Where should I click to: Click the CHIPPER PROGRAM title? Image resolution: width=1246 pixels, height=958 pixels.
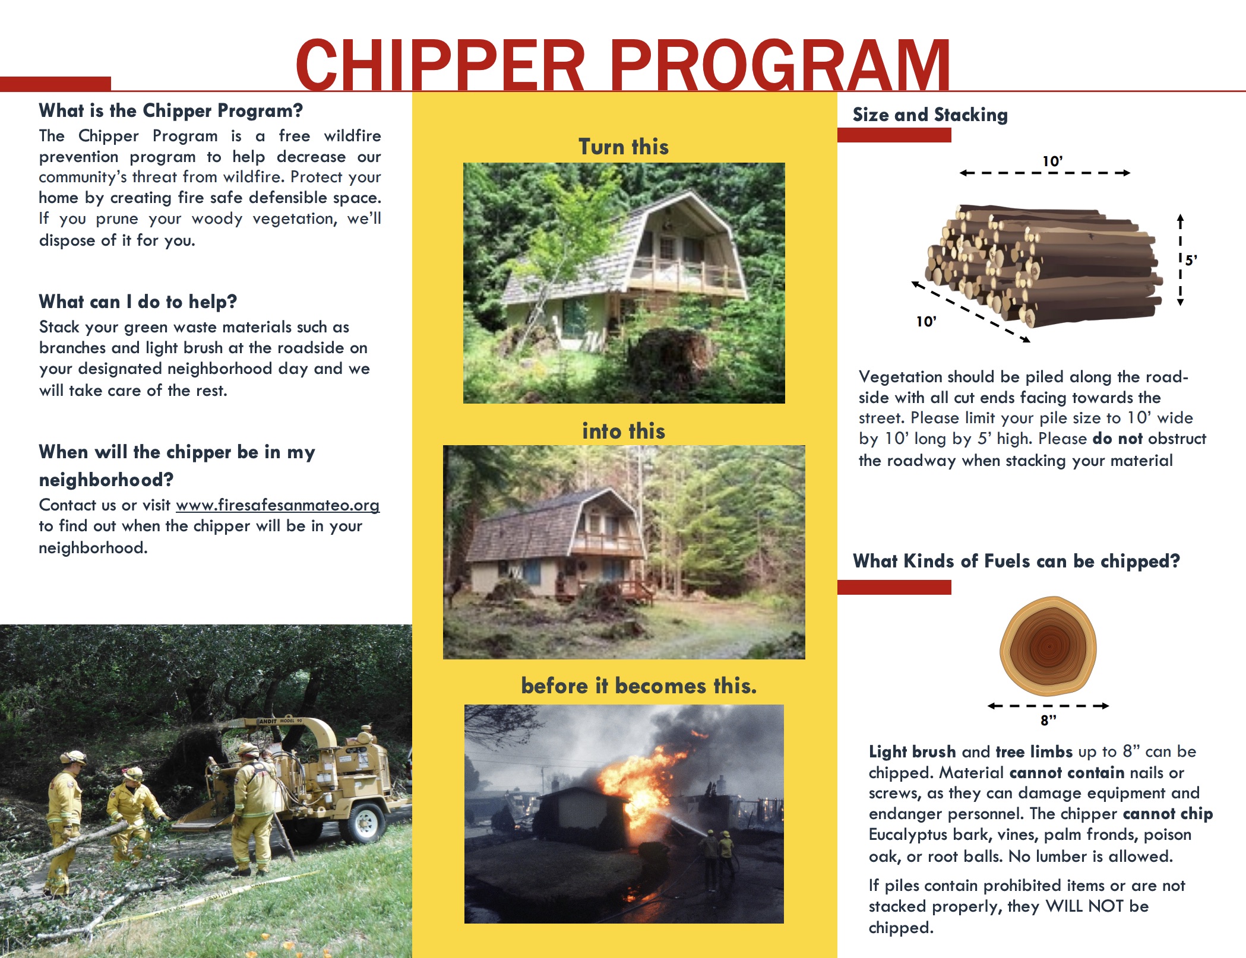pyautogui.click(x=622, y=64)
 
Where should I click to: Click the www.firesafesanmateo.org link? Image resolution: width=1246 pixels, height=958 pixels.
pyautogui.click(x=277, y=505)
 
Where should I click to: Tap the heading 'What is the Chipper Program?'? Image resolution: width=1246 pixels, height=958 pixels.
pyautogui.click(x=170, y=110)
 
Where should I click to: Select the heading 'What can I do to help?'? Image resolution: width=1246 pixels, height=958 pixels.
pyautogui.click(x=138, y=302)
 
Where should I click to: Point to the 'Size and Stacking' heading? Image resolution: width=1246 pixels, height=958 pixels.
pyautogui.click(x=930, y=115)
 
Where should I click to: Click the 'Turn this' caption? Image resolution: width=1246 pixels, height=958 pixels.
pyautogui.click(x=624, y=147)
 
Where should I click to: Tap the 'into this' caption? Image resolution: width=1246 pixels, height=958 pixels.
pyautogui.click(x=624, y=431)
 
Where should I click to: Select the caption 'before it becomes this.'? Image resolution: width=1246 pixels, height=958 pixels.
pyautogui.click(x=638, y=686)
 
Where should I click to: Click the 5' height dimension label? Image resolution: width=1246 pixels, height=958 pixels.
pyautogui.click(x=1191, y=260)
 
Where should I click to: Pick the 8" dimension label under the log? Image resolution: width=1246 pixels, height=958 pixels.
pyautogui.click(x=1048, y=721)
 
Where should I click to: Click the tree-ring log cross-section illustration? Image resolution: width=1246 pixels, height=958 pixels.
pyautogui.click(x=1048, y=646)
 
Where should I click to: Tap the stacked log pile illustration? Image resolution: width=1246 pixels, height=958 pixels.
pyautogui.click(x=1045, y=264)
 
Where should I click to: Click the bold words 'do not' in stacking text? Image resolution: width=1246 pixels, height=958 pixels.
pyautogui.click(x=1117, y=439)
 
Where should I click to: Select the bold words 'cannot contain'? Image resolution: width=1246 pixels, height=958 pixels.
pyautogui.click(x=1067, y=773)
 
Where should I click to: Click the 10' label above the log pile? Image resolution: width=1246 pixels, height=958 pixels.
pyautogui.click(x=1052, y=161)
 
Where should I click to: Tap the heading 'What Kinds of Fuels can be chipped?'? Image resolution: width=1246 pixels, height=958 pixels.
pyautogui.click(x=1016, y=561)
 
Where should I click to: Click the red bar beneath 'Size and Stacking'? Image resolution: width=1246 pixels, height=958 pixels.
pyautogui.click(x=894, y=135)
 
